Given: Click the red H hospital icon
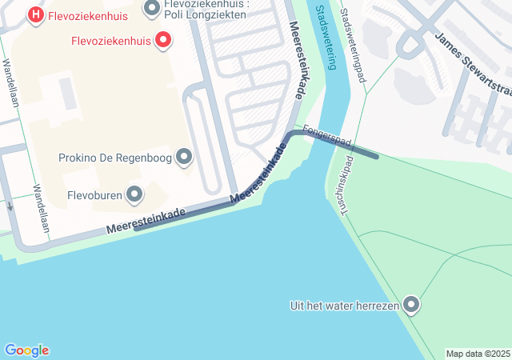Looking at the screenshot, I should pos(35,14).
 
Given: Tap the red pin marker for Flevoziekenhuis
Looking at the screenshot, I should pos(163,39).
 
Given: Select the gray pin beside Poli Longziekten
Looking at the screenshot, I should pos(152,10).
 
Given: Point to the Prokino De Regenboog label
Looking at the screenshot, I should pos(115,157).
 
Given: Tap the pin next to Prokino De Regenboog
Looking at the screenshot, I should pos(184,157).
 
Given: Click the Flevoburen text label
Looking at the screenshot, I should pos(94,194).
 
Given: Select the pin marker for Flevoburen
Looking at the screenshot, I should pos(135,194).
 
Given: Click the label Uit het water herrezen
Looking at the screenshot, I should pos(344,305).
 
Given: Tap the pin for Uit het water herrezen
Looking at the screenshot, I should pos(411,305).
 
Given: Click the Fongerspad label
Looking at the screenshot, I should pos(327,135).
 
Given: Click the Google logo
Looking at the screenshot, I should pos(26,350).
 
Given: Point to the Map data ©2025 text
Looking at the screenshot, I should pos(478,354).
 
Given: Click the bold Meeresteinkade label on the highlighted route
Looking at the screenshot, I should pos(259,174).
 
